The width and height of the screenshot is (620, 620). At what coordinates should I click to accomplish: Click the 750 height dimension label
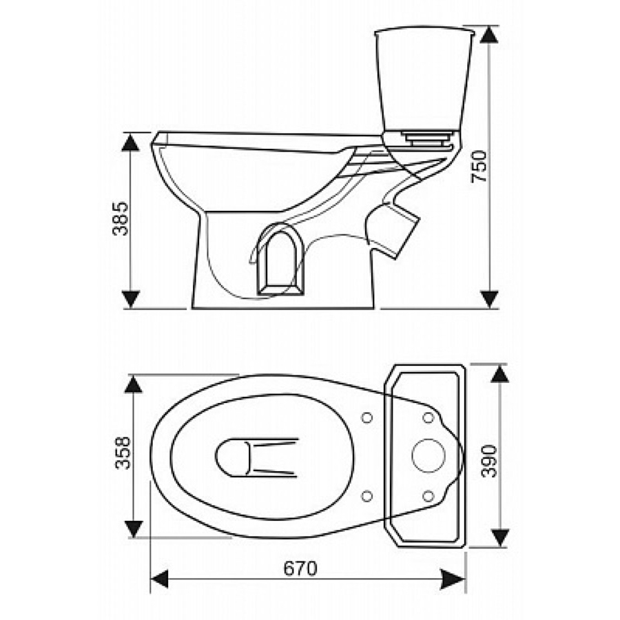click(x=480, y=166)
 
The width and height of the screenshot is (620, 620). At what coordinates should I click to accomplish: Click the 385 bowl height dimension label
click(x=121, y=218)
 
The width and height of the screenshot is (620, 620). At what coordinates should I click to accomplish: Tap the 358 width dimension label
click(x=123, y=453)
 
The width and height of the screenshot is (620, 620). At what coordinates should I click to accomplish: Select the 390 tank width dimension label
click(x=490, y=461)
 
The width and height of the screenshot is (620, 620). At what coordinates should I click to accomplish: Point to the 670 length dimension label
click(x=300, y=569)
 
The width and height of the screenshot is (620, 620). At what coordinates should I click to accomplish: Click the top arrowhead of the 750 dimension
click(x=489, y=34)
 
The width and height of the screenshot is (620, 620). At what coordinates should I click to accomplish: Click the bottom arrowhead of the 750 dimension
click(x=489, y=300)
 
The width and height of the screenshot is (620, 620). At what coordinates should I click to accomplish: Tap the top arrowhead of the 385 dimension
click(x=130, y=141)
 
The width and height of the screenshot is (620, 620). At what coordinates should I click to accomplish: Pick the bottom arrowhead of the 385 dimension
click(x=130, y=300)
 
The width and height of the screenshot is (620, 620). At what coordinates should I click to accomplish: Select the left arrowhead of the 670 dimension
click(x=160, y=579)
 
